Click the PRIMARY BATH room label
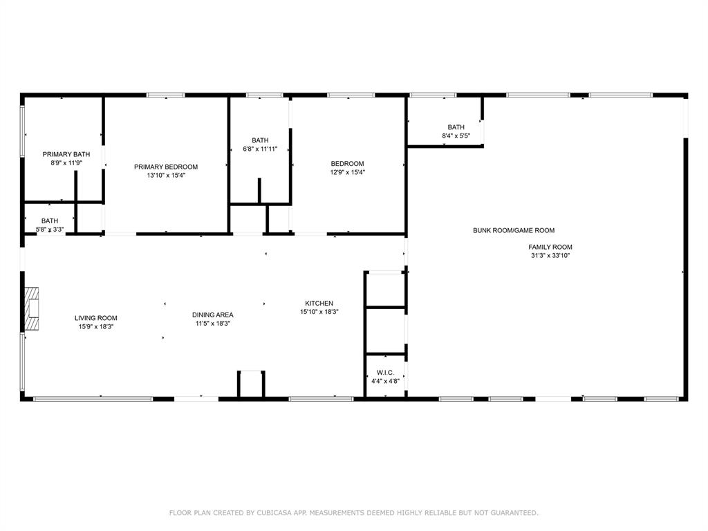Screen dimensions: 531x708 [x=66, y=154]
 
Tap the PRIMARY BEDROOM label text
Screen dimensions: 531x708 [x=166, y=167]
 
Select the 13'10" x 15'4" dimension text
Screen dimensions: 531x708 [x=166, y=176]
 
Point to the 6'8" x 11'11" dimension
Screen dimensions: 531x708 [x=260, y=149]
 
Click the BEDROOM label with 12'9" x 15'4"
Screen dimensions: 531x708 [x=347, y=164]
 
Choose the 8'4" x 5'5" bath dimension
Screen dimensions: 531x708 [x=456, y=136]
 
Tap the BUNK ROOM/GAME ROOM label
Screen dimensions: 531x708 [x=514, y=230]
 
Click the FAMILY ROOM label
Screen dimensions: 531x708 [x=550, y=247]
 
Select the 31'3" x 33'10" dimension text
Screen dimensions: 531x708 [x=550, y=255]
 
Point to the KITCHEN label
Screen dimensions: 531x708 [x=319, y=304]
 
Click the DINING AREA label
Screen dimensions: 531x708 [x=213, y=315]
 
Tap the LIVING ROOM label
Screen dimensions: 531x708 [x=96, y=318]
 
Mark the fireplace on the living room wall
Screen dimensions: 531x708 [x=32, y=310]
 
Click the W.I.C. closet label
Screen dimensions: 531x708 [x=385, y=372]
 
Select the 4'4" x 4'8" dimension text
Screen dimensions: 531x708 [x=385, y=380]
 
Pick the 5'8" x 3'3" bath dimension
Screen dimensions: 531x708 [x=50, y=229]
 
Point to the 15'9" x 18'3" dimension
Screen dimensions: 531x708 [x=96, y=326]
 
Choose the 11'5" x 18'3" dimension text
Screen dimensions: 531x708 [x=213, y=323]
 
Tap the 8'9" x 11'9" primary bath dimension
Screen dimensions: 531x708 [x=66, y=162]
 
